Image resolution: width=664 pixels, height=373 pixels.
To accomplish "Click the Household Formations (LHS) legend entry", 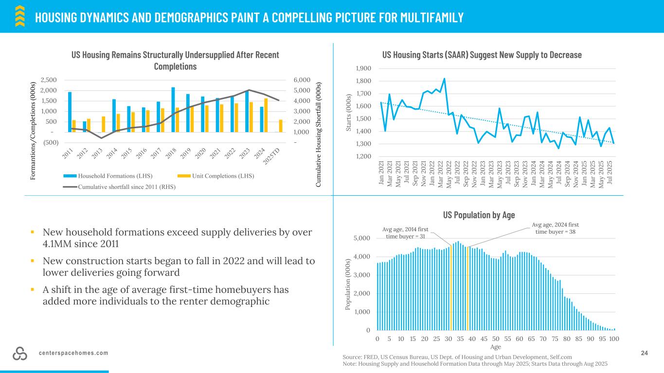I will [x=108, y=175].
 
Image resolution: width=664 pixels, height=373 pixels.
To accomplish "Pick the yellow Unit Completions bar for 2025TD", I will [x=281, y=126].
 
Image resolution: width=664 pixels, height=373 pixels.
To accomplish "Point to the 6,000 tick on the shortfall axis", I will [x=303, y=80].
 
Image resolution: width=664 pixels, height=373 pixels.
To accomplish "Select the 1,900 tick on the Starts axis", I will [x=363, y=68].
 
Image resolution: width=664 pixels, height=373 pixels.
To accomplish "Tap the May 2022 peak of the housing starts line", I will [x=444, y=79].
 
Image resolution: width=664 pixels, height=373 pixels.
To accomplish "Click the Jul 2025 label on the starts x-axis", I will [x=610, y=178].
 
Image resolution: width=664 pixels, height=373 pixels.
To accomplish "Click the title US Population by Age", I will [x=479, y=215].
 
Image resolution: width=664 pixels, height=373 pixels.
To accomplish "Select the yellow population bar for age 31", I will [x=451, y=288].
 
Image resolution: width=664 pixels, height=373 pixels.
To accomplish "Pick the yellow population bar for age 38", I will [x=467, y=288].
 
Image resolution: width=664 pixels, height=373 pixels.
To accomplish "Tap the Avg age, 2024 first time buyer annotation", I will [x=555, y=228].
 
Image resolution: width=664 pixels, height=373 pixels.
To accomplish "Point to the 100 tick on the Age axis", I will [x=614, y=339].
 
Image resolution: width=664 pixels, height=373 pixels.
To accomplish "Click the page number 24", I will [x=645, y=353].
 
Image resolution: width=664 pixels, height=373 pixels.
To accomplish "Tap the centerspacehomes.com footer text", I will [x=73, y=353].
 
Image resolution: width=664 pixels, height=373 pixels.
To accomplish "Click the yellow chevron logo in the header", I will [x=20, y=16].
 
